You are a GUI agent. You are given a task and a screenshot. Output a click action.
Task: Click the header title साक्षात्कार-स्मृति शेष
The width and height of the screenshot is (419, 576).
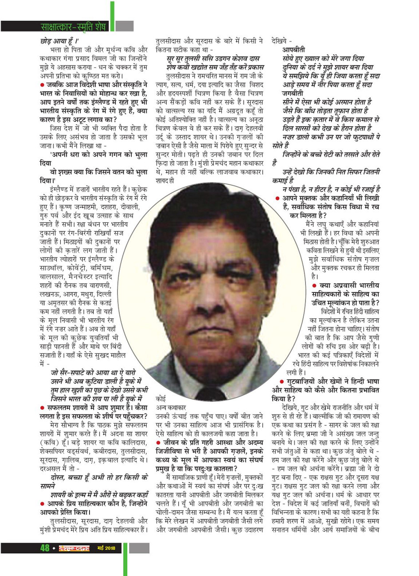(x=74, y=27)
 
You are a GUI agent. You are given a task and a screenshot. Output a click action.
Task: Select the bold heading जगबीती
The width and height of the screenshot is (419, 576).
(x=294, y=94)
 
